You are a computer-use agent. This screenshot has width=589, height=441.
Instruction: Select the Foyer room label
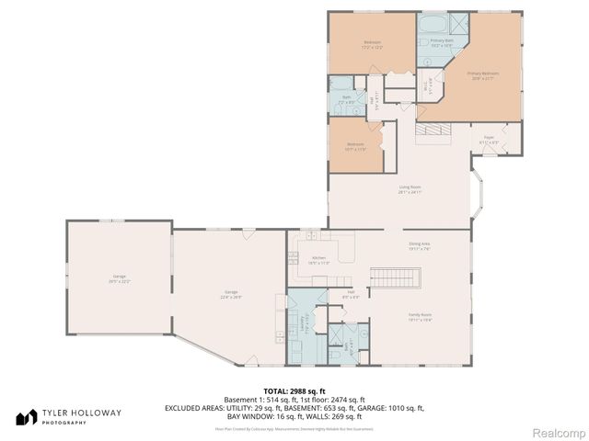point(489,141)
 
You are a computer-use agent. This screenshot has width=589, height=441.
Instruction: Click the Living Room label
point(410,190)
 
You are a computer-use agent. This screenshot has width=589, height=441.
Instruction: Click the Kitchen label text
point(318,260)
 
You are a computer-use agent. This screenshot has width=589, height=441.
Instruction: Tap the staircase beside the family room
point(394,277)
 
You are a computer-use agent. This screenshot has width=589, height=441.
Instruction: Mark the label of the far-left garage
point(119,278)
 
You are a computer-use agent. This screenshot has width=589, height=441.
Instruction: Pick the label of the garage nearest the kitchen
point(229,295)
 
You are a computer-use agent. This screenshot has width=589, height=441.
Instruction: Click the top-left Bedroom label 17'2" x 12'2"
point(372,44)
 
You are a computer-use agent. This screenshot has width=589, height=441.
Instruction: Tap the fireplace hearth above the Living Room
point(432,133)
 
